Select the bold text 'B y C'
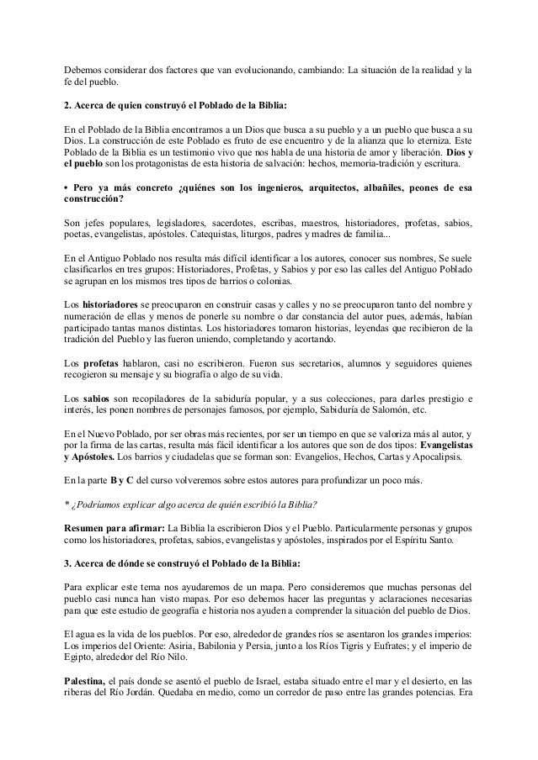click(123, 481)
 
